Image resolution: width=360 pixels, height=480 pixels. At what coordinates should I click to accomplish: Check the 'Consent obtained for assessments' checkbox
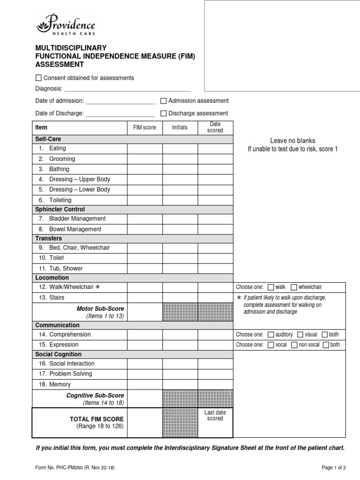pos(38,78)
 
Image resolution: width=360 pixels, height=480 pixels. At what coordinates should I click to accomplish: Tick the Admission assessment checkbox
pos(164,101)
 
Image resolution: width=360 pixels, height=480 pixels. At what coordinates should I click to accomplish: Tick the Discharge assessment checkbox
pos(164,113)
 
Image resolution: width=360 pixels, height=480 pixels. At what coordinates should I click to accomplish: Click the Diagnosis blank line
pos(127,89)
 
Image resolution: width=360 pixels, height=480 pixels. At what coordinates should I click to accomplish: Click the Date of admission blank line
pos(120,101)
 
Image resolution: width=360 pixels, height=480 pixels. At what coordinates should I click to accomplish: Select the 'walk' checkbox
pos(270,287)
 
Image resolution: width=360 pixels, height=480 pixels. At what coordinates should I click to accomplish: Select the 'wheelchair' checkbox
pos(293,287)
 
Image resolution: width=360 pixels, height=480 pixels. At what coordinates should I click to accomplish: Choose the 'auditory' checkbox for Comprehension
pos(270,335)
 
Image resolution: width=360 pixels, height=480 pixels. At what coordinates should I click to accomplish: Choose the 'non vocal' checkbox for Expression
pos(294,345)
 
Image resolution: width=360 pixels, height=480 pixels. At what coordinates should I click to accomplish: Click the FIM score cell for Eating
pos(145,149)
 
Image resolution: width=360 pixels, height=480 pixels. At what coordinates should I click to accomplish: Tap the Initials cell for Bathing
pos(180,169)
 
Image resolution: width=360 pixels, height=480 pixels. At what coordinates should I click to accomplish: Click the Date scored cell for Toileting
pos(215,200)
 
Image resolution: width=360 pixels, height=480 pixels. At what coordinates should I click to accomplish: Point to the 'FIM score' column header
pos(145,127)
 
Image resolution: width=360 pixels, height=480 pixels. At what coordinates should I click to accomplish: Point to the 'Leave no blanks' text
pos(292,141)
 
